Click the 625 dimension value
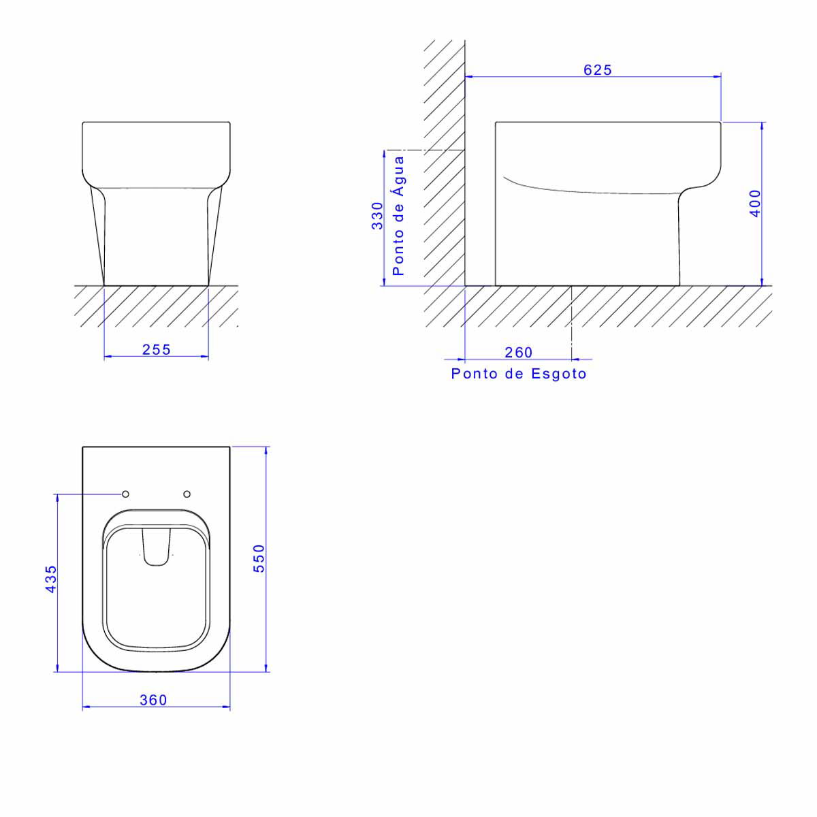point(597,70)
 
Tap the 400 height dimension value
point(755,204)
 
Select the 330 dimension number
point(377,216)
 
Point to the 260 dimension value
point(518,352)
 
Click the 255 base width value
point(156,349)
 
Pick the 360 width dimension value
point(153,700)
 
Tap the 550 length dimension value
point(259,559)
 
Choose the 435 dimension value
point(51,579)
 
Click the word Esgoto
point(559,374)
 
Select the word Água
point(398,176)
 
